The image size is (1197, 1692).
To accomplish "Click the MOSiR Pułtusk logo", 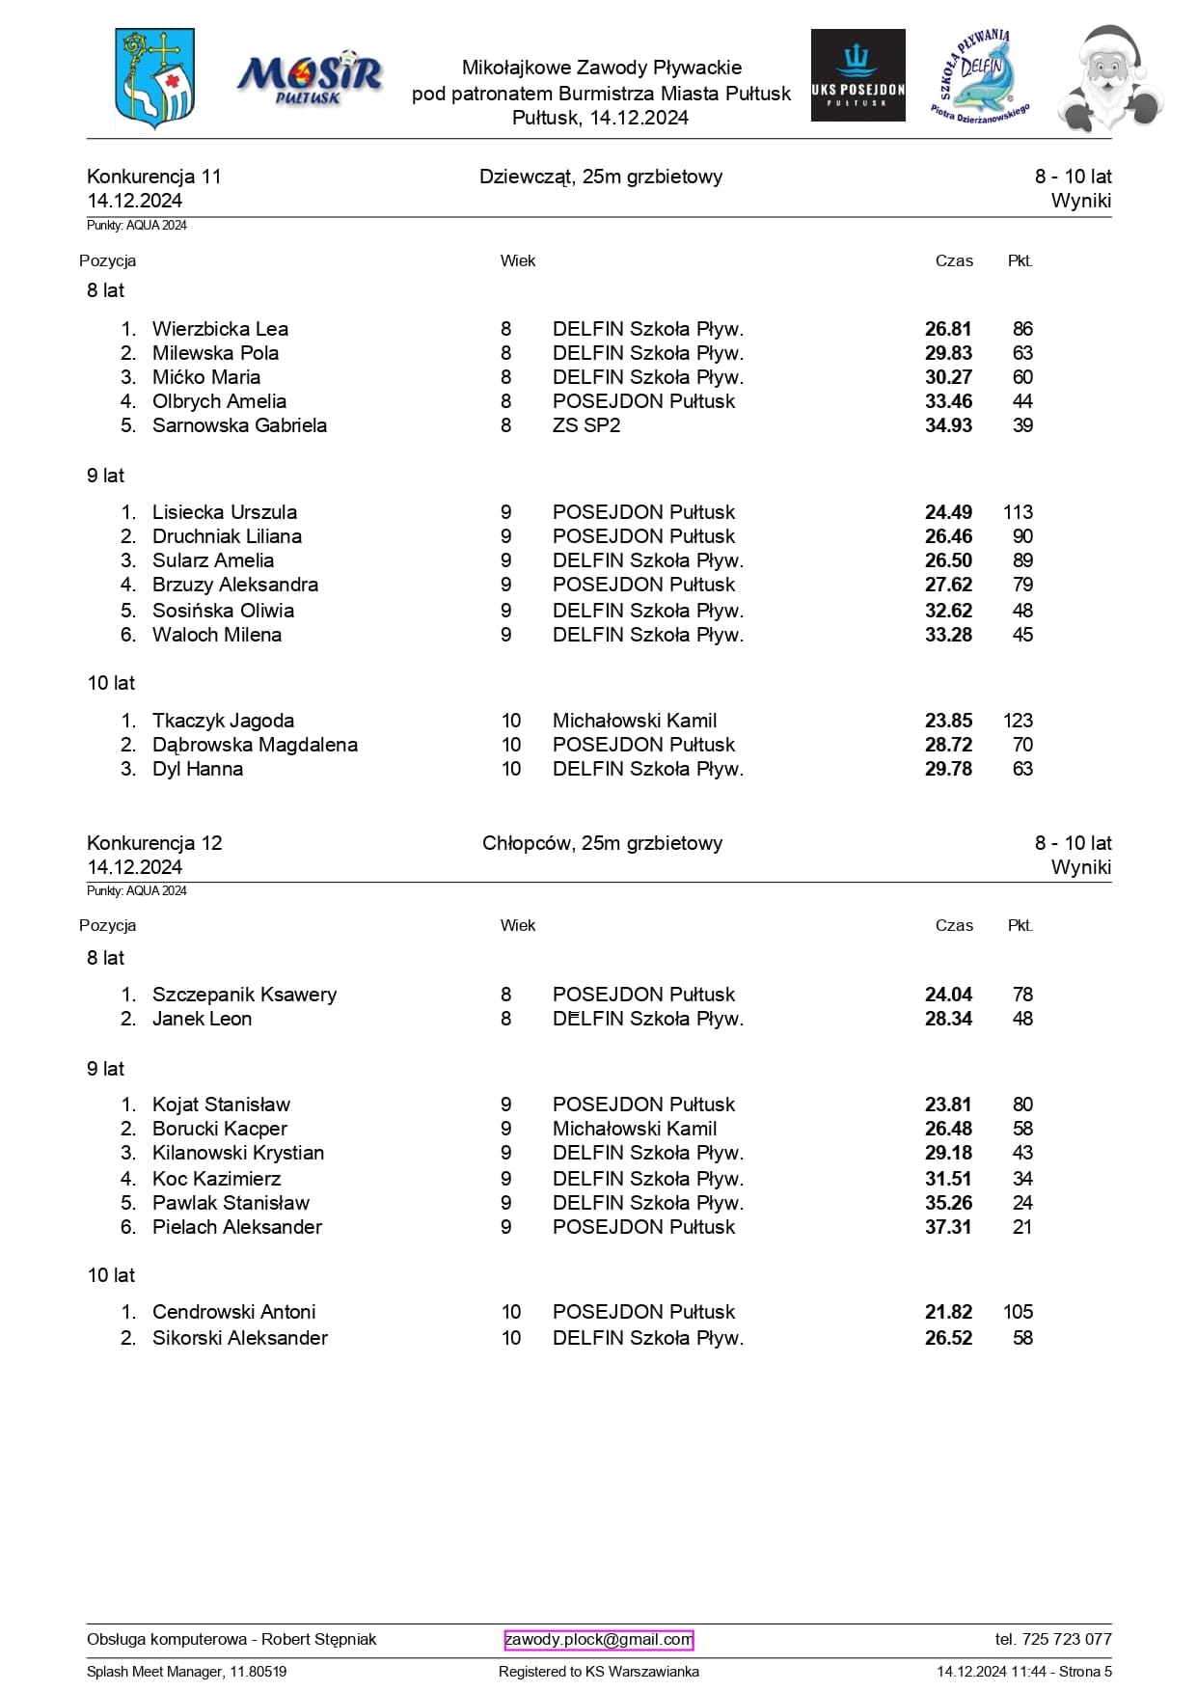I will [310, 78].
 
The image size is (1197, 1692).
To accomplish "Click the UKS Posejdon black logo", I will [857, 75].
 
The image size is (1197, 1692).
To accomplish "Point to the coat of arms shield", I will [155, 78].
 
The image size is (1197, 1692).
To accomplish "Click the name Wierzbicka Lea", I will [220, 329].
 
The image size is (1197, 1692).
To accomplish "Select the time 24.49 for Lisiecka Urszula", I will [948, 512].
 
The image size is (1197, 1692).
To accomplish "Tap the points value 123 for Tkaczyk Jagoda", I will [1018, 721].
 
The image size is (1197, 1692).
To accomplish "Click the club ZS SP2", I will [586, 425].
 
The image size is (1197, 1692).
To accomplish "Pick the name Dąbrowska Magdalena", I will [255, 745].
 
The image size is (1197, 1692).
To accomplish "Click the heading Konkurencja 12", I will [154, 843].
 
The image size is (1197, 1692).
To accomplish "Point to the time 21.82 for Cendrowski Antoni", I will [948, 1312].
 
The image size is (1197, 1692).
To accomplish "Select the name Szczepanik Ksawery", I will [244, 995].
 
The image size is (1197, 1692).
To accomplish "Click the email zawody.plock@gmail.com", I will [598, 1639].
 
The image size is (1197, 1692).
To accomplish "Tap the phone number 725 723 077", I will [1053, 1639].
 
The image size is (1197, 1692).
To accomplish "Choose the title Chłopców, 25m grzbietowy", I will [602, 843].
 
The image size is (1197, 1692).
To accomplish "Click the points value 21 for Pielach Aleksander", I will [1022, 1227].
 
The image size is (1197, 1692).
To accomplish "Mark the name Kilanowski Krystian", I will [237, 1153].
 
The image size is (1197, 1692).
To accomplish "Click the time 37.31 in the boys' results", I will [948, 1227].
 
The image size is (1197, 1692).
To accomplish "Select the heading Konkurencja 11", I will [154, 177].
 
